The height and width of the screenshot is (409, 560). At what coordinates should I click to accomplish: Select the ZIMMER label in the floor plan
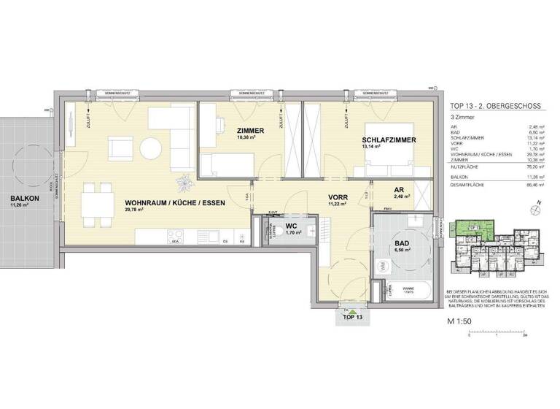pos(250,131)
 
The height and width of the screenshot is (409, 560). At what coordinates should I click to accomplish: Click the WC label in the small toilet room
pos(290,226)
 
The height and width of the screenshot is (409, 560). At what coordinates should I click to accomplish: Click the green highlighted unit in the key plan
pos(473,229)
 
